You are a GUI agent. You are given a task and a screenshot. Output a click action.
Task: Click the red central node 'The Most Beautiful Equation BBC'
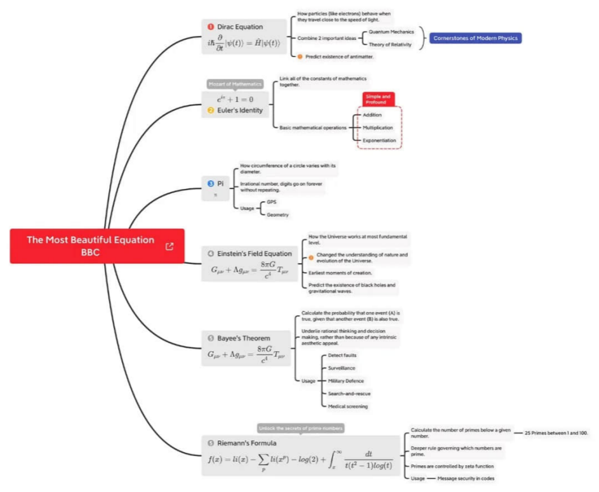click(90, 246)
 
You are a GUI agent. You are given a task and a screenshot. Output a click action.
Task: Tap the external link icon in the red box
click(169, 246)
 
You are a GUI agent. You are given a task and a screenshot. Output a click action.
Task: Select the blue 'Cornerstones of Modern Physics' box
click(475, 38)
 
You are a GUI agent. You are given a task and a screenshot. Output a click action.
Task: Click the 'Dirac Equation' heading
click(240, 27)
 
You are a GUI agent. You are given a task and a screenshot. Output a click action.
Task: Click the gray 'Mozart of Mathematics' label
click(235, 84)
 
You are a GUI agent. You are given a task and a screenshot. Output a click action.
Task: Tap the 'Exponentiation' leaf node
click(379, 140)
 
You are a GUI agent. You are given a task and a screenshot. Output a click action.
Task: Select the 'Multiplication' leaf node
click(378, 127)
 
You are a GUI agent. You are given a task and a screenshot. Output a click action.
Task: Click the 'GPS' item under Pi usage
click(272, 202)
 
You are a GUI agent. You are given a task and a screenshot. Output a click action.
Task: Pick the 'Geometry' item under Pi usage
click(277, 215)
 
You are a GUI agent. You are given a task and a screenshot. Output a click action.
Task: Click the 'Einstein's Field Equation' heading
click(254, 254)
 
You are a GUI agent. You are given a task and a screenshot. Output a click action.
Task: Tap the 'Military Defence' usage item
click(346, 381)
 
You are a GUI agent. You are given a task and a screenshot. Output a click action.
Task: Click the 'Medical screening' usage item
click(347, 406)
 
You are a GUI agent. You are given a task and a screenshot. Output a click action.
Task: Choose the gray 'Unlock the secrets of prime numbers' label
click(301, 429)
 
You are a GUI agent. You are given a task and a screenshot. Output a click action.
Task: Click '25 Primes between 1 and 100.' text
click(556, 433)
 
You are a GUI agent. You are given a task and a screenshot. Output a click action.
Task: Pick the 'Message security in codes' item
click(465, 478)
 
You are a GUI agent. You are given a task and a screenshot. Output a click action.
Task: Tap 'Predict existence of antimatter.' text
click(339, 56)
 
